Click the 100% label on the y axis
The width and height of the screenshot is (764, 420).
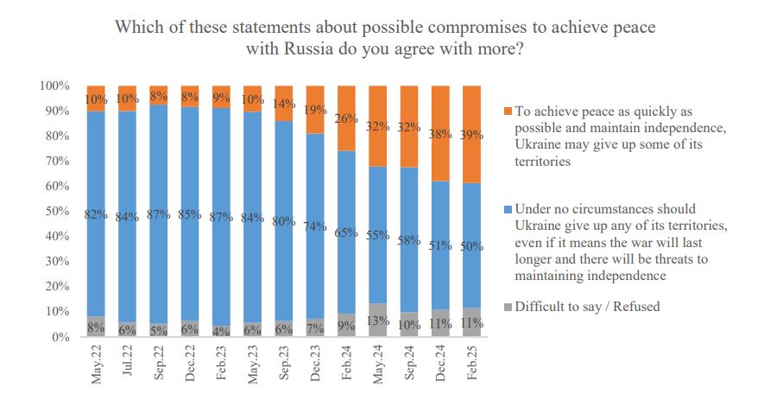[54, 86]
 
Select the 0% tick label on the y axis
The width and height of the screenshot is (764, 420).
[59, 338]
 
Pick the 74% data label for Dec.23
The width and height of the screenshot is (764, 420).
[315, 226]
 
